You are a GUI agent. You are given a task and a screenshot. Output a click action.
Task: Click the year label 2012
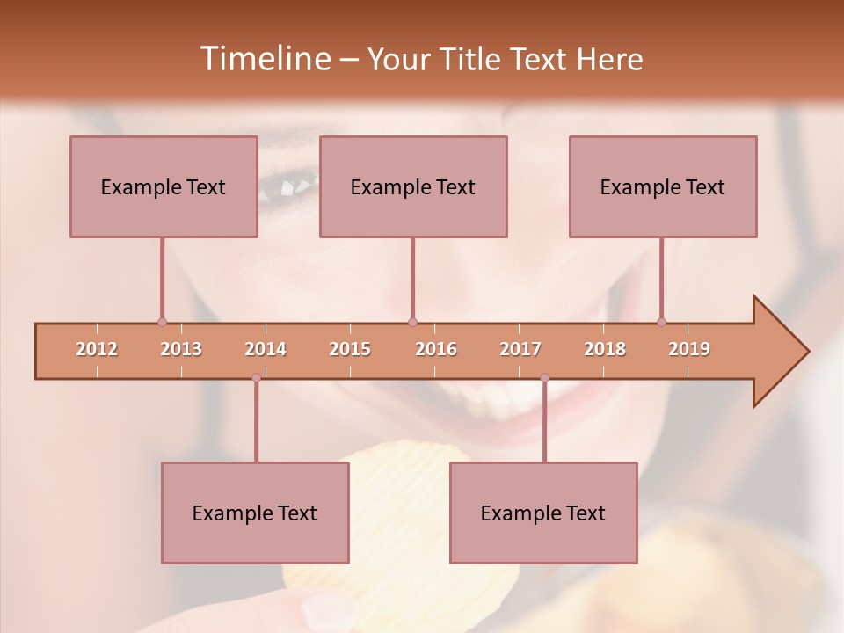[97, 349]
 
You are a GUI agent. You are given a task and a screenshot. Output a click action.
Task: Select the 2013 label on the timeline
[181, 349]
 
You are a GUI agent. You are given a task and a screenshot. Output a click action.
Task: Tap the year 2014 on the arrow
[266, 349]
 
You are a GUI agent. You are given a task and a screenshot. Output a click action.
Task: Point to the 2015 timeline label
[350, 349]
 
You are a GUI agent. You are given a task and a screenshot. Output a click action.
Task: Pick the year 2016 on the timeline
[436, 349]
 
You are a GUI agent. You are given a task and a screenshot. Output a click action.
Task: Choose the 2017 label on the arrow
[520, 349]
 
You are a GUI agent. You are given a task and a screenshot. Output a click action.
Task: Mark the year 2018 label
[605, 349]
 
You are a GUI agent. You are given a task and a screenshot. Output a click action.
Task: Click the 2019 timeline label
[689, 349]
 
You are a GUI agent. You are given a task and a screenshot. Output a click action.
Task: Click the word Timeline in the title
[263, 59]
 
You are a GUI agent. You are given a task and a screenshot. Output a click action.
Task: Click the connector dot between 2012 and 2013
[162, 322]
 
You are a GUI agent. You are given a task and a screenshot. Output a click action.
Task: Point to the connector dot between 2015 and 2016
[413, 322]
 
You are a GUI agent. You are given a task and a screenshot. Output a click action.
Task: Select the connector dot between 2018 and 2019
[661, 322]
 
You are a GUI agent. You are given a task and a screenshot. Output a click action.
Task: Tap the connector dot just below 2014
[256, 378]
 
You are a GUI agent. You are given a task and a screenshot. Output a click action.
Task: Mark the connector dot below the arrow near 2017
[544, 378]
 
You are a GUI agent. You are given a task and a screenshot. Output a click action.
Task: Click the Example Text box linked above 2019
[663, 186]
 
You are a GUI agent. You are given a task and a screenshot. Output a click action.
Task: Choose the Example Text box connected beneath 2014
[255, 513]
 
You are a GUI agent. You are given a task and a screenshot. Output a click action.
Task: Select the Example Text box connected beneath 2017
[543, 513]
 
